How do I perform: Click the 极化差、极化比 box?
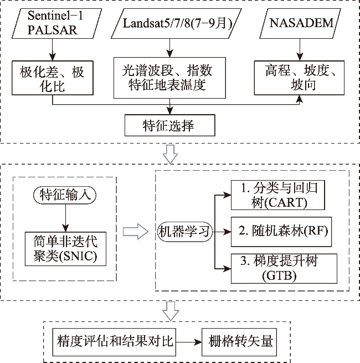point(53,78)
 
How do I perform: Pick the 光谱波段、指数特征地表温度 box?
point(167,78)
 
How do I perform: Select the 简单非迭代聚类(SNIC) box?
point(65,249)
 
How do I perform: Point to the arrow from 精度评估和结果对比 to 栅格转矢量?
point(188,340)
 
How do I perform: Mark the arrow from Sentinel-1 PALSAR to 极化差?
point(53,50)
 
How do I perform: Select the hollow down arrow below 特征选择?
point(172,154)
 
